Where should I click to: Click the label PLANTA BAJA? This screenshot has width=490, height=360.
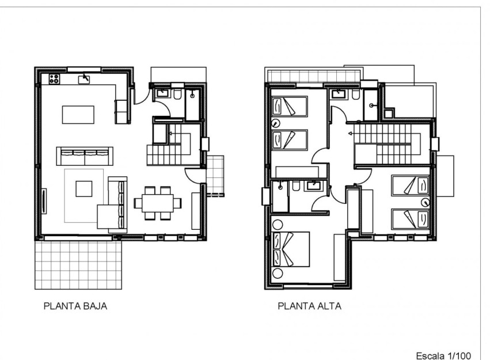point(75,306)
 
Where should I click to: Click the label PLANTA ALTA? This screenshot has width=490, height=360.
point(309,306)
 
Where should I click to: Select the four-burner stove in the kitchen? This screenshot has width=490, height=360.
point(55,79)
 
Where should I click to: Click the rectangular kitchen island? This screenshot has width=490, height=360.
point(78,113)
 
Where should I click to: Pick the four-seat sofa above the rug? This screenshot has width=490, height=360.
point(84,155)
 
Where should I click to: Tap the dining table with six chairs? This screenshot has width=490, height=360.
point(158,203)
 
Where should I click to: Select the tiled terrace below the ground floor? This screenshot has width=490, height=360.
point(78,264)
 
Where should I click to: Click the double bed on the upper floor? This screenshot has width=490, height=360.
point(291,249)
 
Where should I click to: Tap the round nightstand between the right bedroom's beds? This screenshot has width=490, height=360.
point(425,202)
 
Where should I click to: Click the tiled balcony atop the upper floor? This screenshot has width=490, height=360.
point(313,76)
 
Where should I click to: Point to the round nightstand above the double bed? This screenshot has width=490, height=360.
point(278,223)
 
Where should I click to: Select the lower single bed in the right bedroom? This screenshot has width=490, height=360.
point(410,218)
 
